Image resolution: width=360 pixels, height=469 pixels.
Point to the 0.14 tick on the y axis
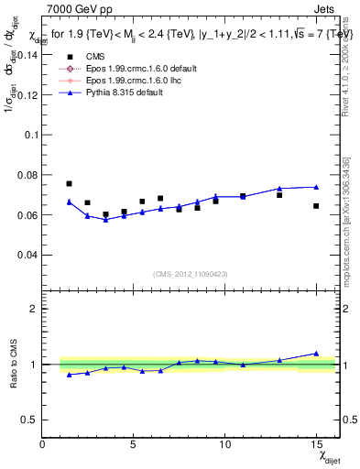click(27, 54)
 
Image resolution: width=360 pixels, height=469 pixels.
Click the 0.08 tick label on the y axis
click(27, 174)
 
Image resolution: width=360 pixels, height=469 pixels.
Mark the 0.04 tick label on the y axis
click(27, 254)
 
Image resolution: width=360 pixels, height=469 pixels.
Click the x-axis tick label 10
click(224, 444)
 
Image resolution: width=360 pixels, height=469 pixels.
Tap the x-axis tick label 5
click(134, 444)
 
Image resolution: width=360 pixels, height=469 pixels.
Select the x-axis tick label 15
click(316, 444)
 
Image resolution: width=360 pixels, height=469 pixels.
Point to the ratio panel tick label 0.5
click(28, 420)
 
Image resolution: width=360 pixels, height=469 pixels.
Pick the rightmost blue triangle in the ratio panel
click(316, 353)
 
